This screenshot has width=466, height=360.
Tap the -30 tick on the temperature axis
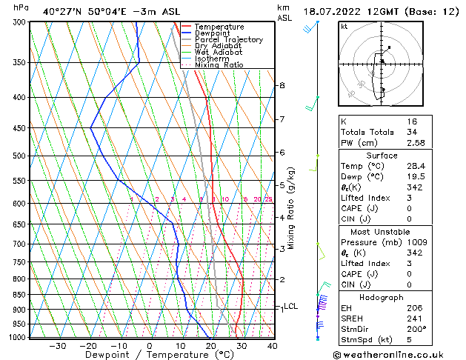pyautogui.click(x=58, y=345)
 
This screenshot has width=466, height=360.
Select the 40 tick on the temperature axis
pyautogui.click(x=272, y=345)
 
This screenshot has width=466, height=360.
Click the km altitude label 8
pyautogui.click(x=282, y=86)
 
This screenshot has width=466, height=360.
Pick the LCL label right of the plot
pyautogui.click(x=291, y=306)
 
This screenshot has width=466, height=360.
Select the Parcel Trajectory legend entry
pyautogui.click(x=228, y=40)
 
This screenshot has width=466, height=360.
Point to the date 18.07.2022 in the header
pyautogui.click(x=330, y=12)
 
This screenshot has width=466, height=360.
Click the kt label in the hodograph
pyautogui.click(x=344, y=27)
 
